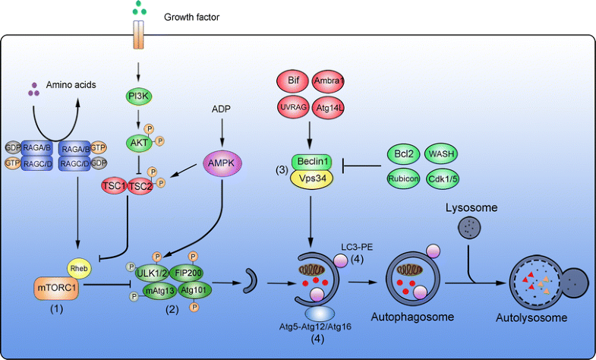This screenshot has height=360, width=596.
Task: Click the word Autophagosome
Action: pos(413,317)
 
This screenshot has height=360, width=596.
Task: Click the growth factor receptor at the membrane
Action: pos(137,36)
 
